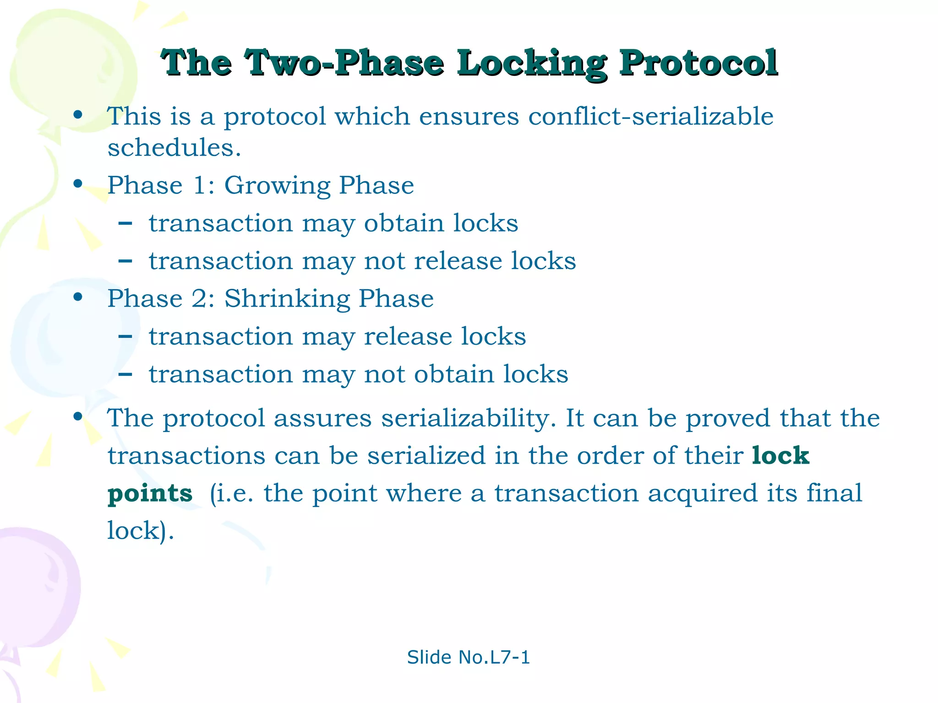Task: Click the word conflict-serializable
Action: coord(650,116)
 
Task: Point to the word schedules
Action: coord(174,148)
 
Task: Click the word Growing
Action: coord(277,186)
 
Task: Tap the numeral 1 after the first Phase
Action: coord(200,186)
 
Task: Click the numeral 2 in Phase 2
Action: coord(201,299)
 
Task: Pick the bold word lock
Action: coord(780,455)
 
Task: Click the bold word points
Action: coord(150,494)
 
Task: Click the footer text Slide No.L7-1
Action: coord(468,658)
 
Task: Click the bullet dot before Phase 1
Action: coord(78,184)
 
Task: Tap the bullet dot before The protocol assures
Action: coord(78,416)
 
